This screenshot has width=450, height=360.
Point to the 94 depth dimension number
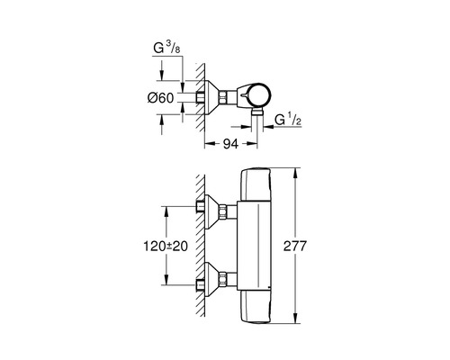coord(229,142)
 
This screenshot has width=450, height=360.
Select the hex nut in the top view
coord(221,94)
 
